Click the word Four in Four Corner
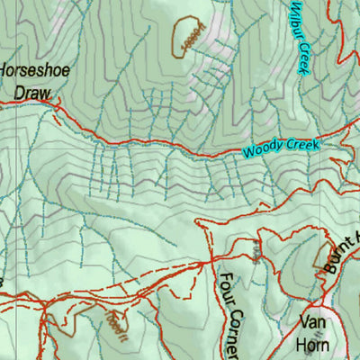click(226, 287)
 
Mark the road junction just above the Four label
click(211, 260)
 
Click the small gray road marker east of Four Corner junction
click(256, 253)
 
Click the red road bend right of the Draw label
click(59, 110)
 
